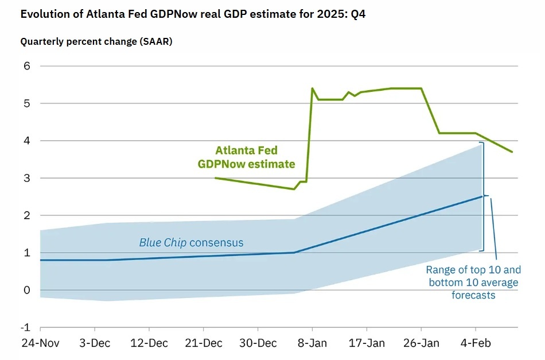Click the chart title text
click(x=193, y=15)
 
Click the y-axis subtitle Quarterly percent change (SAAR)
click(x=96, y=42)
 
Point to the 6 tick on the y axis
click(x=26, y=66)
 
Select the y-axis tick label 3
click(x=26, y=178)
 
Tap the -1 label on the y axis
click(x=25, y=327)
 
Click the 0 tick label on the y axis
click(x=26, y=290)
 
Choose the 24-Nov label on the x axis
click(x=40, y=343)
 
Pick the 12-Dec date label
click(x=149, y=343)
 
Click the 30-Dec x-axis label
click(x=258, y=343)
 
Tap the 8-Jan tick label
click(x=312, y=343)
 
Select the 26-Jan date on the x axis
click(x=421, y=343)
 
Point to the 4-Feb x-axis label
click(x=476, y=343)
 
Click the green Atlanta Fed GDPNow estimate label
click(x=247, y=157)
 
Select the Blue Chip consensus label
click(x=191, y=243)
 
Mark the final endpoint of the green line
click(x=512, y=152)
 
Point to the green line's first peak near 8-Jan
click(x=312, y=88)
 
